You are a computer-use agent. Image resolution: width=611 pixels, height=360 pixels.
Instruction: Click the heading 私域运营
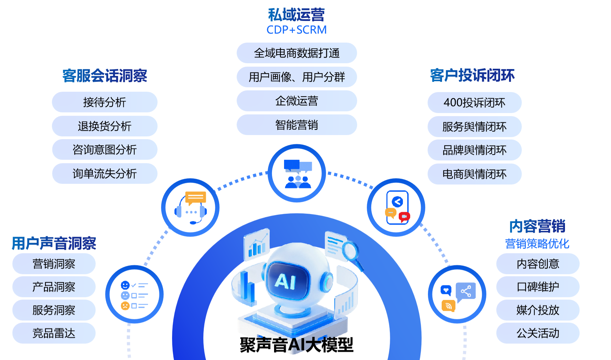click(296, 15)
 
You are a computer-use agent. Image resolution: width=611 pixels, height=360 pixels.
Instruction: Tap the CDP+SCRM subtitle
click(296, 30)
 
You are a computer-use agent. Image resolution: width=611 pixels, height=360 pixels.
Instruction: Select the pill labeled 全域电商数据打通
click(297, 53)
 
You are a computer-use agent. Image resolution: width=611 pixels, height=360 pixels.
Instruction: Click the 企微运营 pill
click(297, 101)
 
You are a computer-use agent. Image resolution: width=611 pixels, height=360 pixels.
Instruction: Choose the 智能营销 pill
click(297, 125)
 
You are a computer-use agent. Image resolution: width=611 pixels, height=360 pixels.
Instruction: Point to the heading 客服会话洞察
click(105, 76)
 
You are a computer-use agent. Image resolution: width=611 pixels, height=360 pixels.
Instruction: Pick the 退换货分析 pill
click(105, 126)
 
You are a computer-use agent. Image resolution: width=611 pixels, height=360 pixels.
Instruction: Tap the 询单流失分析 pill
click(105, 173)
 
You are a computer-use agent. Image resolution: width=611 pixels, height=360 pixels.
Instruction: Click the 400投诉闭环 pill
click(475, 102)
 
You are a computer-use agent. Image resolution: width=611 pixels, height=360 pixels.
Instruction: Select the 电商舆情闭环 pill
click(475, 174)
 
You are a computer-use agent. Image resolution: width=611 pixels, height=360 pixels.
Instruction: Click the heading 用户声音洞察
click(54, 243)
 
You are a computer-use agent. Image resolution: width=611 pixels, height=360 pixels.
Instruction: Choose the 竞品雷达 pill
click(54, 333)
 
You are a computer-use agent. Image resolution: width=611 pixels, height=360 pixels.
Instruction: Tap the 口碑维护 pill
click(538, 286)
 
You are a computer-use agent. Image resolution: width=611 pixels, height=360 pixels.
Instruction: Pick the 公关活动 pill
click(538, 333)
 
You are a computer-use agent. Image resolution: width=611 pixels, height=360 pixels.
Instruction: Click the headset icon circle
click(190, 207)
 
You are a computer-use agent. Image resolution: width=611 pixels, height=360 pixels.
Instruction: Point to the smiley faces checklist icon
click(134, 294)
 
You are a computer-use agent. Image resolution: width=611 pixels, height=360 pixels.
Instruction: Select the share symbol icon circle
click(457, 294)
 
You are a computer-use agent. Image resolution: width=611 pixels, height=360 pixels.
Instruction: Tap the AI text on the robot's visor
click(285, 281)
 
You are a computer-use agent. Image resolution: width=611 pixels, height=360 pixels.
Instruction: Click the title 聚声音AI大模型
click(296, 345)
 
